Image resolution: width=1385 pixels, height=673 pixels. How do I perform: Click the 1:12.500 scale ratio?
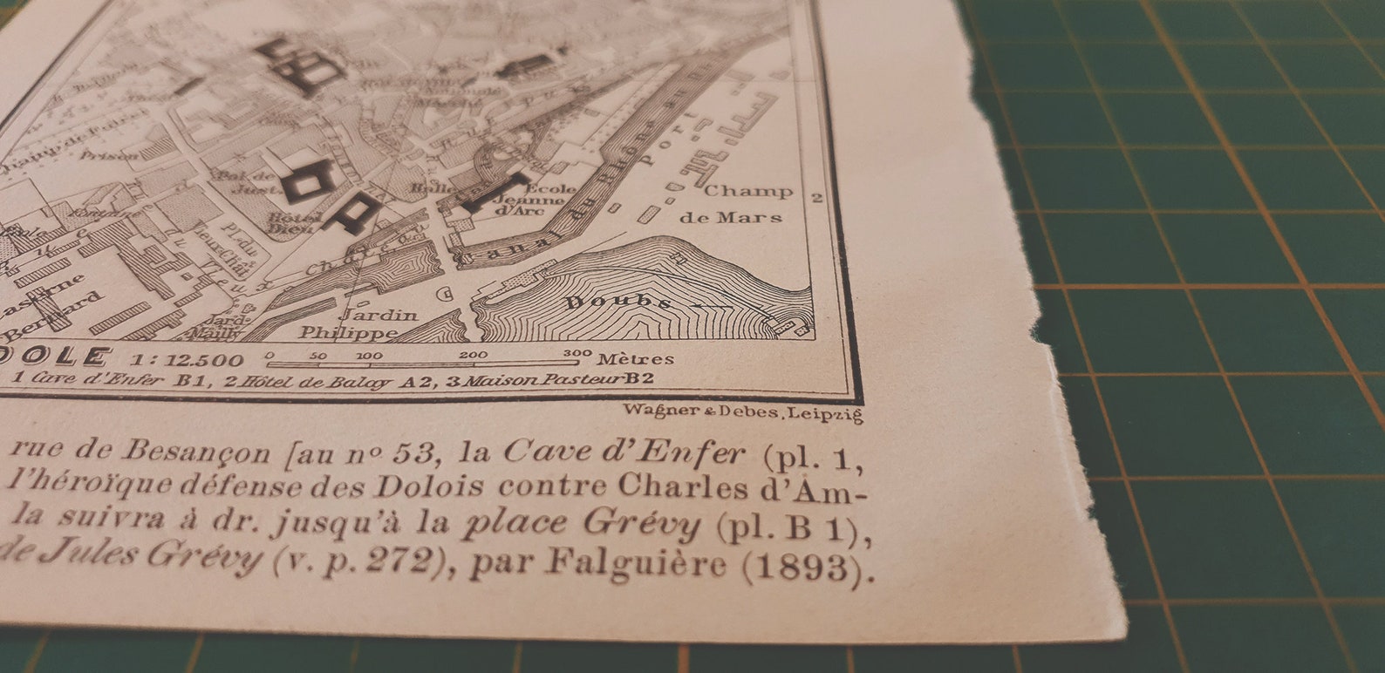(x=188, y=359)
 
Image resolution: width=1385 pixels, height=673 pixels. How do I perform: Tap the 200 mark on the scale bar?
(x=473, y=355)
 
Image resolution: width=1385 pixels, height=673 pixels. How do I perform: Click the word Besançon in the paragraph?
(x=196, y=451)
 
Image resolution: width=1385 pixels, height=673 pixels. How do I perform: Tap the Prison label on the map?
(x=109, y=156)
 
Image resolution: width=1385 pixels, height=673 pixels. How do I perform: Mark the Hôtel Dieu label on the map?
(x=287, y=223)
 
